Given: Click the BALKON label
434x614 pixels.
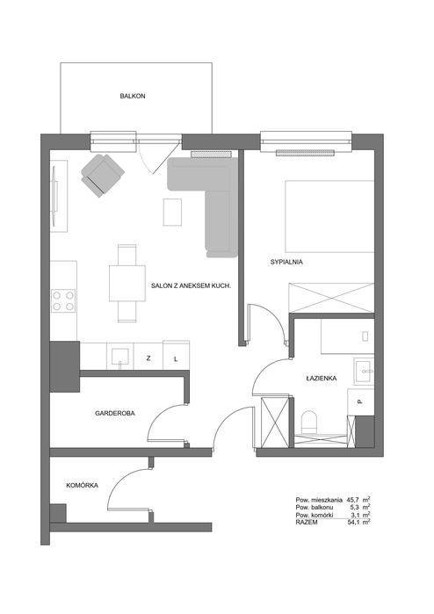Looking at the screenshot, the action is click(x=133, y=96).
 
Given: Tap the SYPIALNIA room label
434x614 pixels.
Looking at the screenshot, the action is click(x=286, y=263).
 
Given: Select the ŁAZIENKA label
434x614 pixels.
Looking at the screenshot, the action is click(x=322, y=379).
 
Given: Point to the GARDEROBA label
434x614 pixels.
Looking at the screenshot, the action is click(x=115, y=413).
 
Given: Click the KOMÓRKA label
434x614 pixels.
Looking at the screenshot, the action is click(x=83, y=486).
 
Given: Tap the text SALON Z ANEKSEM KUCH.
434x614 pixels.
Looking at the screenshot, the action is click(x=192, y=286).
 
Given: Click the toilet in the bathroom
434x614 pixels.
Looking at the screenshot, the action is click(x=309, y=423).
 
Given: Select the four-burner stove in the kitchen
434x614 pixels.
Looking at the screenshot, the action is click(x=63, y=300).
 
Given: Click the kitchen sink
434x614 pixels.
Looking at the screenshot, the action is click(x=120, y=357).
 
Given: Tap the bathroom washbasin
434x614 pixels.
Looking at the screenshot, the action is click(x=365, y=372).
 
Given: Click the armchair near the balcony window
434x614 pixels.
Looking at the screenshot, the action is click(x=103, y=175).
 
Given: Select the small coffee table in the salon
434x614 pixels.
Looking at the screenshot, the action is click(x=172, y=212).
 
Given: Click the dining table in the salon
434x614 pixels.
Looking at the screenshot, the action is click(x=127, y=283).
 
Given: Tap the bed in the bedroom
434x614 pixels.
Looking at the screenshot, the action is click(x=329, y=216).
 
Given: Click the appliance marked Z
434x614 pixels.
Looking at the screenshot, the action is click(x=148, y=358).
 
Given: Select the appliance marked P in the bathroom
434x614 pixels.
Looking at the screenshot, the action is click(x=360, y=401).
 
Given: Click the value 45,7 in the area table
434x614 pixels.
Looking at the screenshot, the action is click(x=352, y=500).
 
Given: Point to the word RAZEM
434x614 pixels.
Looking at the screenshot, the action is click(x=307, y=523).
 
